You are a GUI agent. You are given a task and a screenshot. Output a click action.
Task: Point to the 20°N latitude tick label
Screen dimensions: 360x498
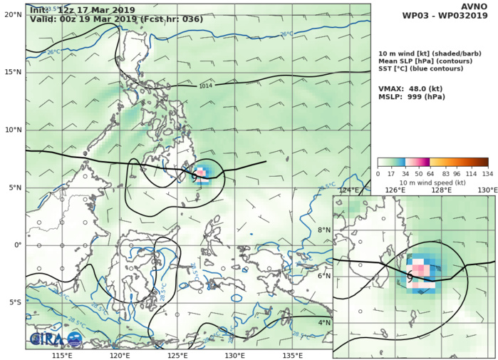(x=14, y=14)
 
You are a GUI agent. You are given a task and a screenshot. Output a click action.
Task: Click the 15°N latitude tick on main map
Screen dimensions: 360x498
(x=14, y=72)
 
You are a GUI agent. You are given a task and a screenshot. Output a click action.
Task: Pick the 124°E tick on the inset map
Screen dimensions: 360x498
(x=348, y=190)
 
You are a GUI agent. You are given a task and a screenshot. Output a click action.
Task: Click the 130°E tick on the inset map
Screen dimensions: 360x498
(x=487, y=190)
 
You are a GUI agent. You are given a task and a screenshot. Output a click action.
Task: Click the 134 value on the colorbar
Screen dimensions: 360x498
(x=487, y=173)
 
